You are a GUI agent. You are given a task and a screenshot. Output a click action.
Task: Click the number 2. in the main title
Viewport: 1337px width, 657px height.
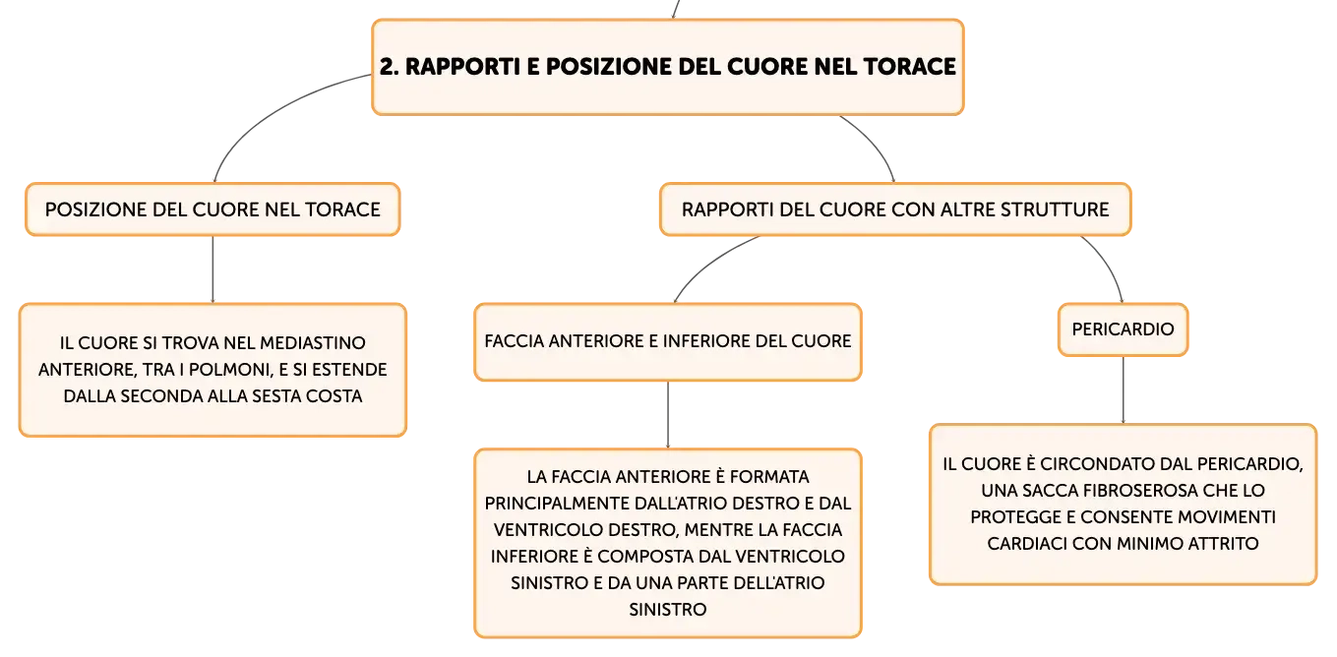[x=390, y=66]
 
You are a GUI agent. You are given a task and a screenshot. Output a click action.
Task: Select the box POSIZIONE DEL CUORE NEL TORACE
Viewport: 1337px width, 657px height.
[x=213, y=209]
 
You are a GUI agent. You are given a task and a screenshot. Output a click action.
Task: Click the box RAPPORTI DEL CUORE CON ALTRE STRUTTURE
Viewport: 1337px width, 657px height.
[x=895, y=209]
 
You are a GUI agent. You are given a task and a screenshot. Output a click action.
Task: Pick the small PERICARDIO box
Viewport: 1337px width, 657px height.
[x=1123, y=329]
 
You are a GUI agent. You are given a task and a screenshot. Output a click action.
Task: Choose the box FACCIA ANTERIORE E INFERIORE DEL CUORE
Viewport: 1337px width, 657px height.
[x=668, y=342]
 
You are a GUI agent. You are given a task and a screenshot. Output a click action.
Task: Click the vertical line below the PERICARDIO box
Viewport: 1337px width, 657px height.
[x=1124, y=390]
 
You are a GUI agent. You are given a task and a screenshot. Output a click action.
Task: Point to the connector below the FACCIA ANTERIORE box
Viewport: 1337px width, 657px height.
[x=668, y=415]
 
